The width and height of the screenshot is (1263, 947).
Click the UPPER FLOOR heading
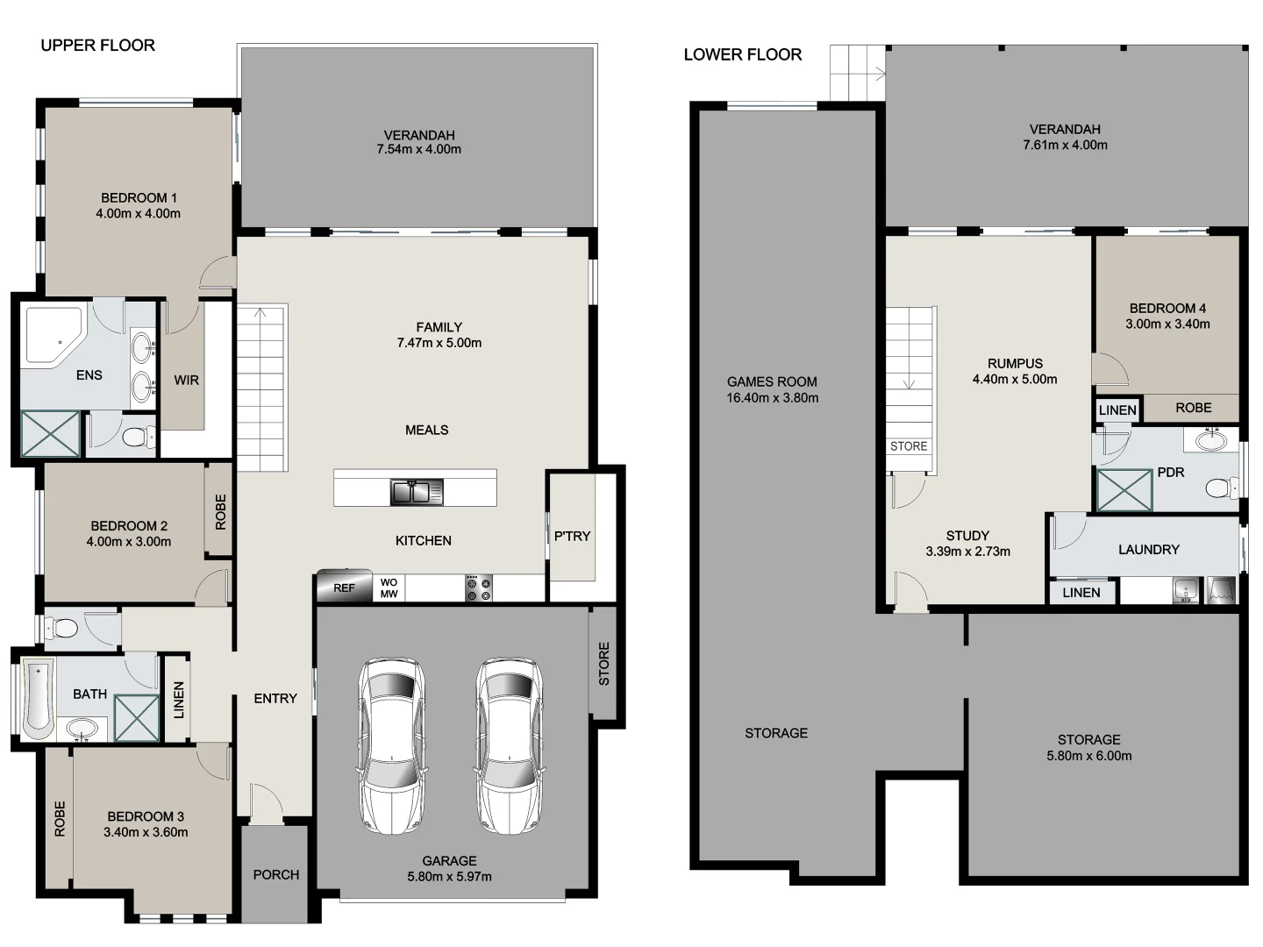coord(97,46)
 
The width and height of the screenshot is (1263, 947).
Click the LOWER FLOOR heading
coord(742,54)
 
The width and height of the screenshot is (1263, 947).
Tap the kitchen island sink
coord(417,492)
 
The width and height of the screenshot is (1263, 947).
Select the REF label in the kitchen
coord(344,587)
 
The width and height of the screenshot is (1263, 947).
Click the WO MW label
coord(389,588)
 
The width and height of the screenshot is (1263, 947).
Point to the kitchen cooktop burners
coord(479,588)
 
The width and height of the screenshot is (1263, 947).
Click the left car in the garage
coord(392,745)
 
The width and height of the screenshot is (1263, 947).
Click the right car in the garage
coord(510,745)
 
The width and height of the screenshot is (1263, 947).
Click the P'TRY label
coord(572,536)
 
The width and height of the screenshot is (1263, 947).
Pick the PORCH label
coord(275,874)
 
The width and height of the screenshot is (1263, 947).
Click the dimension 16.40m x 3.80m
coord(772,398)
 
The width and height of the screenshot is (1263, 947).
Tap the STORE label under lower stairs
coord(909,446)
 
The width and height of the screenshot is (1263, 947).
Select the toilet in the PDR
coord(1219,488)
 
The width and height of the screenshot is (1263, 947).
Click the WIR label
coord(186,380)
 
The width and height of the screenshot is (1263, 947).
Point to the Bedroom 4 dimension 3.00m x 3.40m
coord(1167,324)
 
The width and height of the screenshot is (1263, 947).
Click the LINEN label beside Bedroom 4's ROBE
coord(1117,409)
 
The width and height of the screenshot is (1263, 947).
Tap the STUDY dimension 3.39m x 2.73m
coord(967,552)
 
